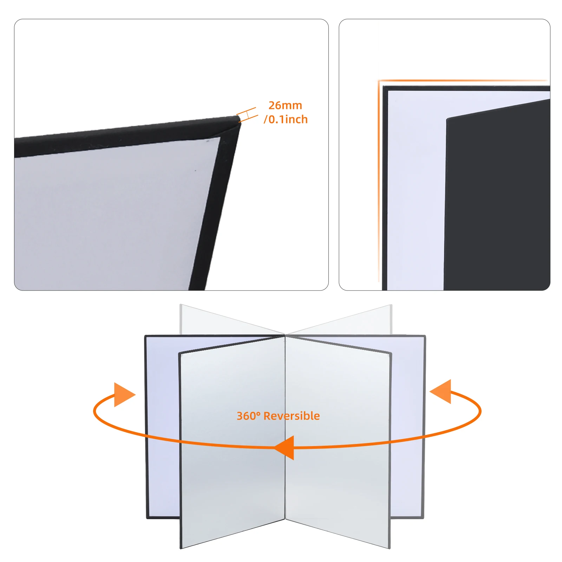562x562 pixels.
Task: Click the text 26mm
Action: [x=285, y=105]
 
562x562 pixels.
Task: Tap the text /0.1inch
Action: [x=286, y=119]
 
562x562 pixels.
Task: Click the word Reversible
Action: [x=292, y=416]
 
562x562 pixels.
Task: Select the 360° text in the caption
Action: [x=248, y=416]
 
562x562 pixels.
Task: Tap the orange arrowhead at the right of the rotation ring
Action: [x=442, y=391]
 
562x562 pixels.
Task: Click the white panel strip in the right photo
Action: [x=416, y=190]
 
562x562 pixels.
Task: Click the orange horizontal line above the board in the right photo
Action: [x=464, y=81]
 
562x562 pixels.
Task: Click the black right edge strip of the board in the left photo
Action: [x=216, y=204]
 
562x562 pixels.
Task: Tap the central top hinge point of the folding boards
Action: [x=285, y=335]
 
